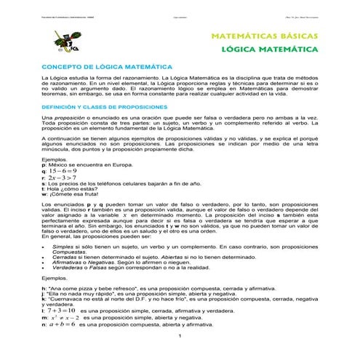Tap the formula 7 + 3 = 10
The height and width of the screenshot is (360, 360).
[x=60, y=311]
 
